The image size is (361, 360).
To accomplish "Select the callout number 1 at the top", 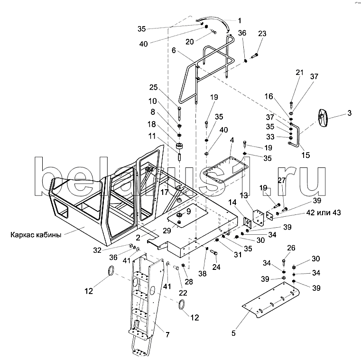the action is coord(240,21).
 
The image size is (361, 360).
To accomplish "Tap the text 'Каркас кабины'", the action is coord(36,235).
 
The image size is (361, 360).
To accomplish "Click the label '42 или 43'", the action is coord(324,212).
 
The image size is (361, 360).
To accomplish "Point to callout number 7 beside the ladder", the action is coord(167,335).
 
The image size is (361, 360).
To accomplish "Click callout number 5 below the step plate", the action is coord(233,333).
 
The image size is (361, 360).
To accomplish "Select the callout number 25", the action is coord(153,87).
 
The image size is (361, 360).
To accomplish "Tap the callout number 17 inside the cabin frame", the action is coord(165,192).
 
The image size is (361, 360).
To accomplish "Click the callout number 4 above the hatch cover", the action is coord(232,140).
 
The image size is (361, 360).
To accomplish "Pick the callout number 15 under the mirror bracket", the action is coord(305,155).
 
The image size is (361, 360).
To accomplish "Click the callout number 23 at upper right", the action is coord(262,34).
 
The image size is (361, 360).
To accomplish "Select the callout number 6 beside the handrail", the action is coord(174,50).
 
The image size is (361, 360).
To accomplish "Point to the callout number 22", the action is coord(183,293).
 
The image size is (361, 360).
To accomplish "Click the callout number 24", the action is coord(216,267).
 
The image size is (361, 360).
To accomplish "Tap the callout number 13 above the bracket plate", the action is coord(244,195).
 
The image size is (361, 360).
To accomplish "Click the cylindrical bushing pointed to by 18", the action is coord(180,146).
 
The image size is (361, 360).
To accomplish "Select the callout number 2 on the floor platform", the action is coord(138,238).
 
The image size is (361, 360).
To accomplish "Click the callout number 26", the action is coord(291,248).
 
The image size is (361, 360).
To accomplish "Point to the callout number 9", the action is coord(188,211).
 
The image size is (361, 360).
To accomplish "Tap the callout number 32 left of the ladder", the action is coord(97,250).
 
